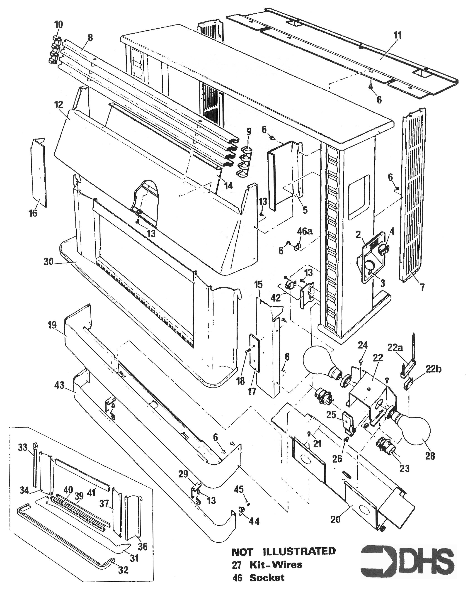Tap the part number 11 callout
(x=397, y=36)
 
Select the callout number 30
(x=48, y=261)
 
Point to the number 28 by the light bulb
(x=430, y=456)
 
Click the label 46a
(x=305, y=231)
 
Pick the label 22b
(x=433, y=369)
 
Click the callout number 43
(x=60, y=385)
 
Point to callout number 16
(x=33, y=213)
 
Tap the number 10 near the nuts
(x=58, y=24)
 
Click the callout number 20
(x=335, y=520)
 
